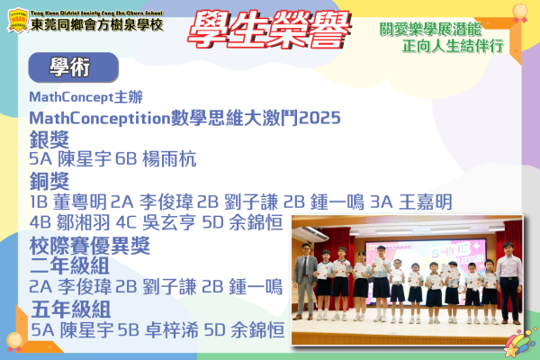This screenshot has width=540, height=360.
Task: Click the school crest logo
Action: point(18,21)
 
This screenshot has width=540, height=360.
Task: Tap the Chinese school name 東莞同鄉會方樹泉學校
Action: point(97,24)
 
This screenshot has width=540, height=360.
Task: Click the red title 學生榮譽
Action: point(269,30)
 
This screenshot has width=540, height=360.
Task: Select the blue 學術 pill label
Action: point(74,67)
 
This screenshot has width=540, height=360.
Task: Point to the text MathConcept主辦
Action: point(85,97)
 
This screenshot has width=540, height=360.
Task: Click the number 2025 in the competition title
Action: point(319,118)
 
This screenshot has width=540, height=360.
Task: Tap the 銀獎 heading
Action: point(49,139)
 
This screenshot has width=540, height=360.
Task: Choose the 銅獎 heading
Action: point(49,181)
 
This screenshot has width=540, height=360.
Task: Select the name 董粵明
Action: point(80,202)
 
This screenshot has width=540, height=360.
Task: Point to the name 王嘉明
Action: point(426,202)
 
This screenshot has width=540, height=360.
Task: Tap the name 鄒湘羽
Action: point(83,222)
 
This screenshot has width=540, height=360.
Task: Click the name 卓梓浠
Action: point(172,330)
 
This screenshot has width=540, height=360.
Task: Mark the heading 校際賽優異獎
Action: point(90,246)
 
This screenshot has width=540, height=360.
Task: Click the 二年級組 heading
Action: point(69,265)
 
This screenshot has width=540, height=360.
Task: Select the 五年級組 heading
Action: point(71,309)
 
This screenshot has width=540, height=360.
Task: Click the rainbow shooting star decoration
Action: point(519,343)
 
